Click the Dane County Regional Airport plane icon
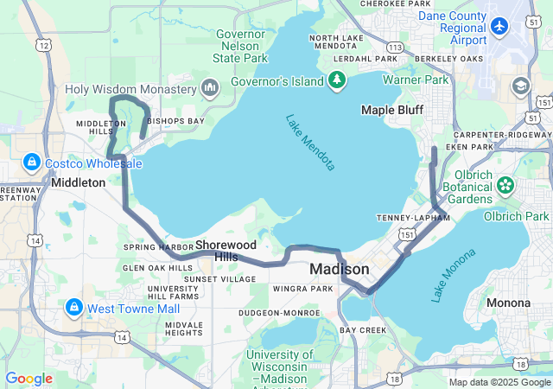pos(499,26)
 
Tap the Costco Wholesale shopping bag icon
pos(31,162)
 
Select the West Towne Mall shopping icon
pos(73,308)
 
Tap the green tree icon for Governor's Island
pos(337,82)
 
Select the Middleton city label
pos(78,182)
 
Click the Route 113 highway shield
pos(394,72)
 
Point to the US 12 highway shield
pos(43,43)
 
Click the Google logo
pos(29,379)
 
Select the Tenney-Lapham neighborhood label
pos(412,218)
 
